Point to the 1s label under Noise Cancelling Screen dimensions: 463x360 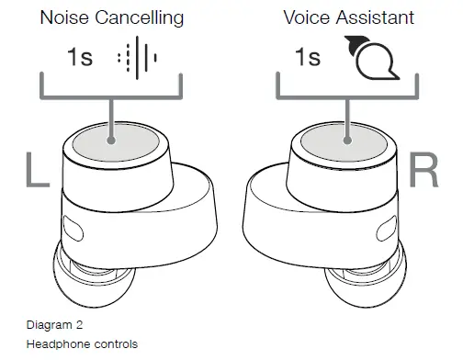tap(81, 58)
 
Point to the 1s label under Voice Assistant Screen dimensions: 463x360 tap(307, 58)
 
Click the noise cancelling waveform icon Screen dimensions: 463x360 tap(138, 58)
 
